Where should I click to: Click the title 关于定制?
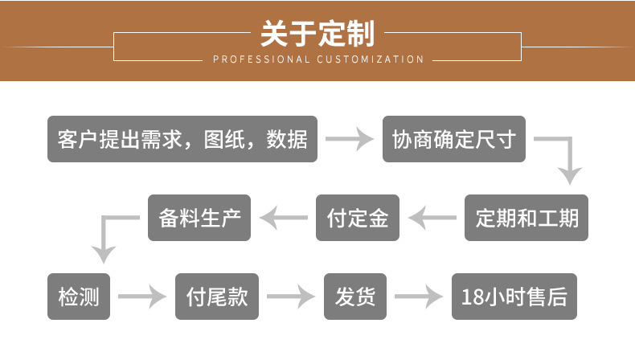(x=317, y=34)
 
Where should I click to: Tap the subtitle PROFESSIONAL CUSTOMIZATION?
(x=318, y=59)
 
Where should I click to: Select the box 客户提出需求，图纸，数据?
(x=182, y=139)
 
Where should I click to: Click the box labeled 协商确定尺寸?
(x=454, y=139)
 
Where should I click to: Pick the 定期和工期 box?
(x=526, y=218)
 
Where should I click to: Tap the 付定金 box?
(x=358, y=218)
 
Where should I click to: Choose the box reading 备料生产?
(x=199, y=218)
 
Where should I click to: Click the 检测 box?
(x=79, y=297)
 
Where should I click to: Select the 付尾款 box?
(x=217, y=297)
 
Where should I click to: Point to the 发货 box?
(x=355, y=297)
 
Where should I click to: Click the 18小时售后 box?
(x=514, y=297)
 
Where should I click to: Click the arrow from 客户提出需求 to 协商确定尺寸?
(x=350, y=139)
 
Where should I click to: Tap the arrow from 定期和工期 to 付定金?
(x=432, y=218)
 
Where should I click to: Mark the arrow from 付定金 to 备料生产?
(x=284, y=218)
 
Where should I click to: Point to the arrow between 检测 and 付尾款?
(x=142, y=297)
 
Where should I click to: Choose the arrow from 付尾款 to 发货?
(x=291, y=297)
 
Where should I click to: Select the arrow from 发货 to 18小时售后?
(x=419, y=297)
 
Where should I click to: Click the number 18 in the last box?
(x=472, y=297)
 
